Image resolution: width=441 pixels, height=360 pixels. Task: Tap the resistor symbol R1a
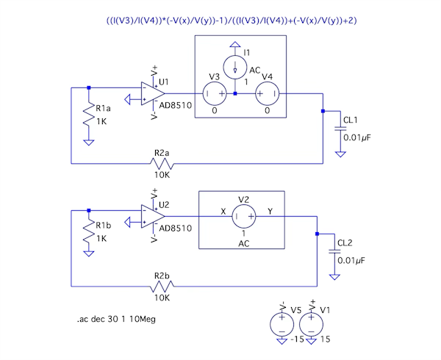(89, 113)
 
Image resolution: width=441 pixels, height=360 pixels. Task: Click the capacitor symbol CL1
(340, 129)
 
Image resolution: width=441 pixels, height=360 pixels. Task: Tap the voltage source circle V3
(215, 94)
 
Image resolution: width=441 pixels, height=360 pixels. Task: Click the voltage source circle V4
(267, 94)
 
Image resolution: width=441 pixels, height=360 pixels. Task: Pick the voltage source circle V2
(244, 217)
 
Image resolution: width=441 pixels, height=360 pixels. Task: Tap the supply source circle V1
(312, 323)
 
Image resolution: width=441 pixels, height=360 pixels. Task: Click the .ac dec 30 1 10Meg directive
(116, 320)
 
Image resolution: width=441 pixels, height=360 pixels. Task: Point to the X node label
(223, 211)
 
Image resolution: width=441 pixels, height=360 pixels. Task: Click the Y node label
(270, 211)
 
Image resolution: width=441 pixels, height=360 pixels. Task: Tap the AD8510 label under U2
(176, 228)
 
